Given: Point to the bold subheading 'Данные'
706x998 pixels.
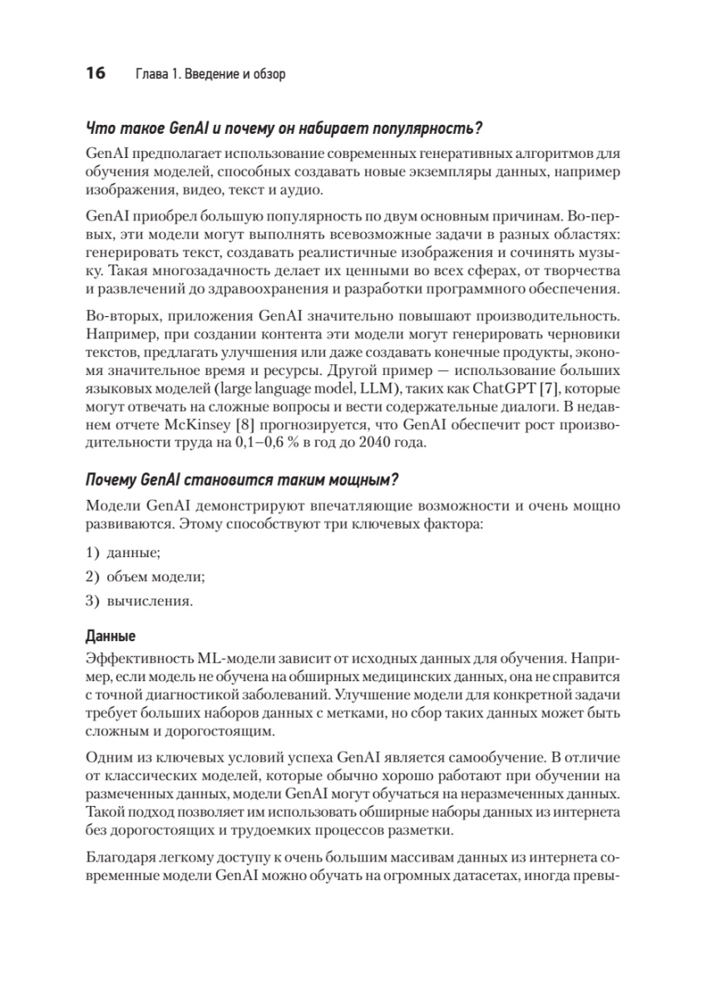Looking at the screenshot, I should pos(111,637).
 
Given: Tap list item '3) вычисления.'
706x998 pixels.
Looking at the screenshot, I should pos(139,599).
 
